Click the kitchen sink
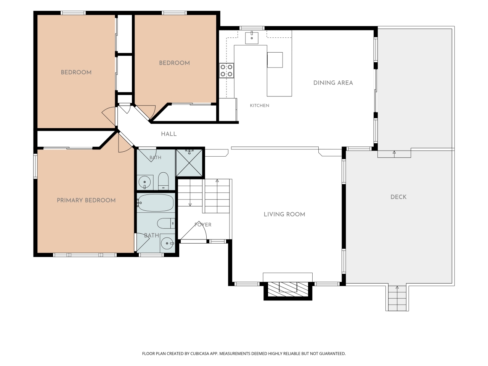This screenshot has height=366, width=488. pyautogui.click(x=252, y=38)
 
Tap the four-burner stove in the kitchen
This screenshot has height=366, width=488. pyautogui.click(x=226, y=71)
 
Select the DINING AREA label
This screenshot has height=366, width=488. pyautogui.click(x=333, y=83)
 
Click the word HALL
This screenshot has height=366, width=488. pyautogui.click(x=169, y=134)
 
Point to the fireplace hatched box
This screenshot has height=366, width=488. pyautogui.click(x=288, y=289)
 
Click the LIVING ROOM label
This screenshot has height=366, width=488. pyautogui.click(x=284, y=214)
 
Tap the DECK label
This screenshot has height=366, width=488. pyautogui.click(x=398, y=197)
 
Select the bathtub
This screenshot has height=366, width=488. pyautogui.click(x=156, y=203)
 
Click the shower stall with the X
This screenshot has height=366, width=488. pyautogui.click(x=189, y=163)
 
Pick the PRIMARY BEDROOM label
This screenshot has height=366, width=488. pyautogui.click(x=86, y=201)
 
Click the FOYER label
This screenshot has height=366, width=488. pyautogui.click(x=203, y=225)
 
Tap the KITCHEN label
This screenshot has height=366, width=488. pyautogui.click(x=260, y=106)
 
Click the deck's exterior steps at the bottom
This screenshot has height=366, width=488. pyautogui.click(x=397, y=298)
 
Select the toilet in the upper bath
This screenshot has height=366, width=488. pyautogui.click(x=164, y=181)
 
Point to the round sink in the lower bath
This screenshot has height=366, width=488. pyautogui.click(x=167, y=243)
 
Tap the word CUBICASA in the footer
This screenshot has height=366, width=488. pyautogui.click(x=200, y=353)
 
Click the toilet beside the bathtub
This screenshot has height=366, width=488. pyautogui.click(x=166, y=223)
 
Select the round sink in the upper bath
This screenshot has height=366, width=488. pyautogui.click(x=145, y=182)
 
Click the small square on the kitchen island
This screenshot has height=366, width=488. pyautogui.click(x=275, y=60)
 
